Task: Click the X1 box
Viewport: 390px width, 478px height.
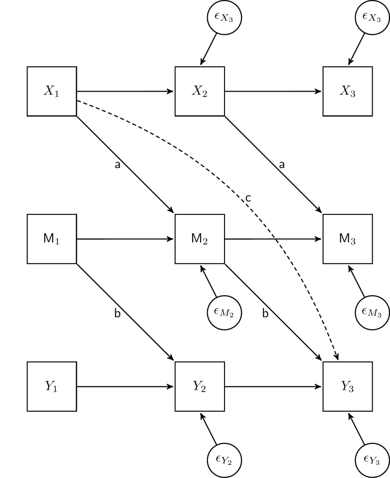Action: coord(52,91)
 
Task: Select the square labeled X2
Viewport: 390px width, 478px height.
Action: coord(200,91)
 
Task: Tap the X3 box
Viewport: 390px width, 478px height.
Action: coord(347,91)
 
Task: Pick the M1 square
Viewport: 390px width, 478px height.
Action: coord(52,239)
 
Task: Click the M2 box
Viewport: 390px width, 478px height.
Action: coord(200,239)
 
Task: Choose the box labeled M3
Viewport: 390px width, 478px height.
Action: coord(347,239)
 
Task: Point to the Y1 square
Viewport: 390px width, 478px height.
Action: coord(52,387)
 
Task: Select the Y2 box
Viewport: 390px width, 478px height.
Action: coord(200,387)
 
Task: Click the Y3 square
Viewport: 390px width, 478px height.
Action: coord(347,387)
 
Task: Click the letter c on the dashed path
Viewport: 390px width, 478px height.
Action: coord(248,198)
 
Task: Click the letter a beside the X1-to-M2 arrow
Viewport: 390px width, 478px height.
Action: coord(118,165)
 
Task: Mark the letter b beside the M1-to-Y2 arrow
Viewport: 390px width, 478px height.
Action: coord(117,313)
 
